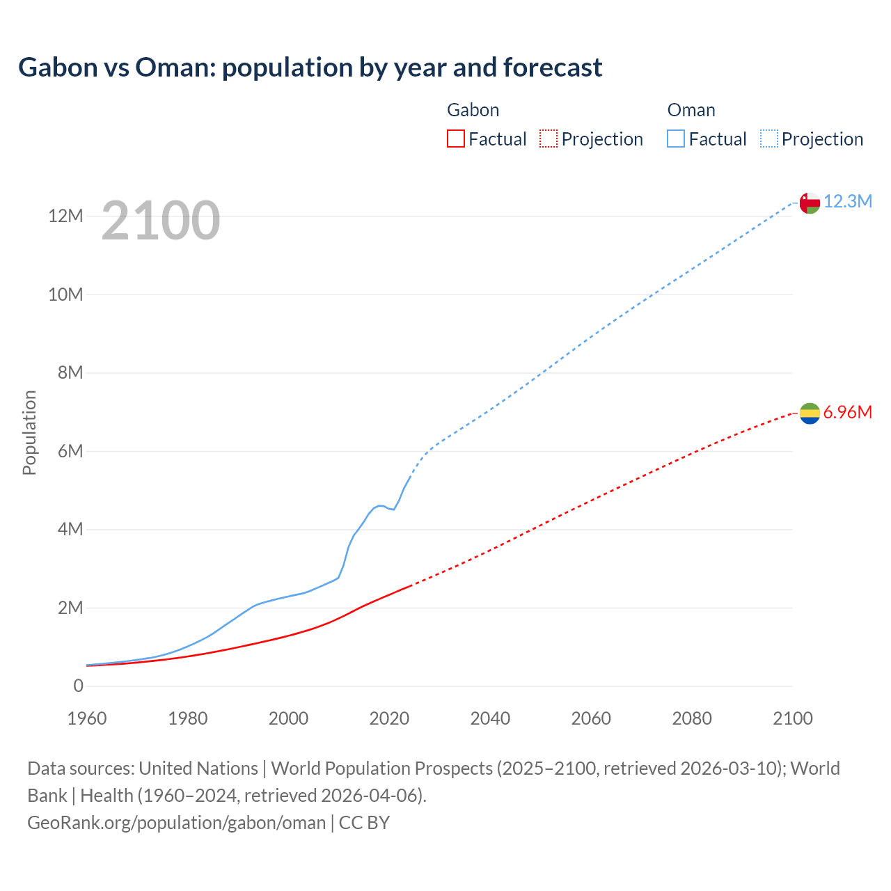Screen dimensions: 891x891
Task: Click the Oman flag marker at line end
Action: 810,203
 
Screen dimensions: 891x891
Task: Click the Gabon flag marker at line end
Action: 810,413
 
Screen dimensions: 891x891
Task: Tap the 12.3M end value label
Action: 847,202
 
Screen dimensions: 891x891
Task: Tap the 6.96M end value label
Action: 847,413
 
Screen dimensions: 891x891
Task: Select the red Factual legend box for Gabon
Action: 455,139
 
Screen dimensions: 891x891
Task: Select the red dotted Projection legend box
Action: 549,139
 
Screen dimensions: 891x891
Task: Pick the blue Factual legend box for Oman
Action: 675,139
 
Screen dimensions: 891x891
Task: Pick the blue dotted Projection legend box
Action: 768,139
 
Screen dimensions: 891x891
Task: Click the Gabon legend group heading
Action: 473,110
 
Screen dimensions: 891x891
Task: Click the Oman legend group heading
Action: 691,110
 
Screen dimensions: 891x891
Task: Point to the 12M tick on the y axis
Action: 65,216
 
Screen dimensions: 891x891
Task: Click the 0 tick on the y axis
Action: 78,686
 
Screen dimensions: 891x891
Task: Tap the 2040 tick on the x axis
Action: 490,718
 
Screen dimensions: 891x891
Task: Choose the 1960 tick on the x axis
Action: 87,718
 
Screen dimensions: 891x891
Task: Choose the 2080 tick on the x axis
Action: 692,718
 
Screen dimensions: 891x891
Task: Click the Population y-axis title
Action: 29,432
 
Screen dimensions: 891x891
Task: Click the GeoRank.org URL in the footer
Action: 176,823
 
